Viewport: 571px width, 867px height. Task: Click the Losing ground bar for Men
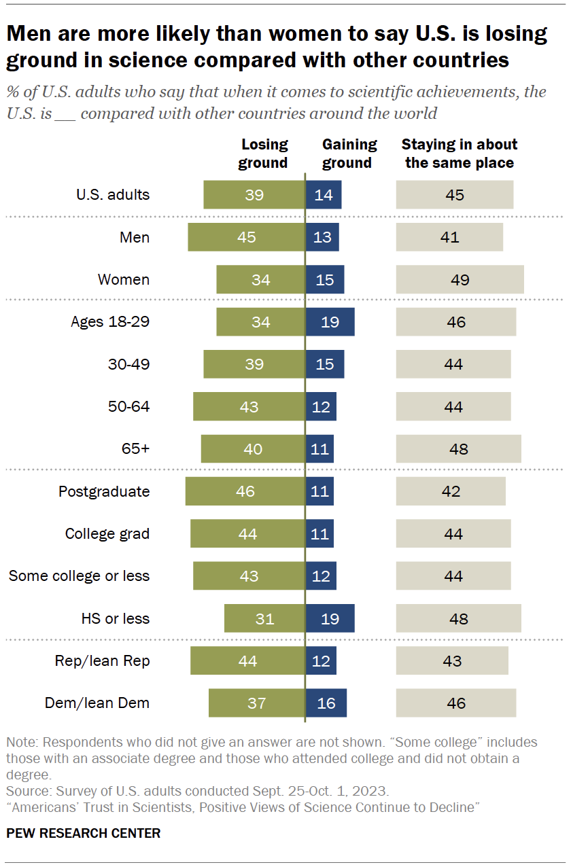point(246,237)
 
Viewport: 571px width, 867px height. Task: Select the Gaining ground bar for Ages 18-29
point(330,321)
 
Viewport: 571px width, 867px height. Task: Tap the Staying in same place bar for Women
point(460,279)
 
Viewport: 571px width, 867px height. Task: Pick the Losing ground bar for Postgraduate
point(245,491)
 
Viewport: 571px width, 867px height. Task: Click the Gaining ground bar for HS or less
point(330,618)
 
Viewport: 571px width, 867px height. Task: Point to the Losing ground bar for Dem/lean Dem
point(256,703)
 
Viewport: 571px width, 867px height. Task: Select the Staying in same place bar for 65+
point(458,449)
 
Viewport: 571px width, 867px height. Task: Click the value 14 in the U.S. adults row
point(324,195)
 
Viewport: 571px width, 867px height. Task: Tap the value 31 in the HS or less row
point(264,618)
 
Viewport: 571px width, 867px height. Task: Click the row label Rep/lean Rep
point(102,660)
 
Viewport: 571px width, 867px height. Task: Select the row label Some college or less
point(79,576)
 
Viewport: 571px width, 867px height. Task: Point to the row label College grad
point(107,533)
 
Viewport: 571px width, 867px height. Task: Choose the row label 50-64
point(128,406)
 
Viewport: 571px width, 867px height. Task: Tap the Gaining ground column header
point(349,154)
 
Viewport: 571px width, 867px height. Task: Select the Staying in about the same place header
point(459,154)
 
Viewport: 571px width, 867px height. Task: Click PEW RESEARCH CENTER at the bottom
point(84,833)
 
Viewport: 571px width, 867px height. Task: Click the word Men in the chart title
point(30,34)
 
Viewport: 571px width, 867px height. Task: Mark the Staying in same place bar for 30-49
point(453,364)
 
